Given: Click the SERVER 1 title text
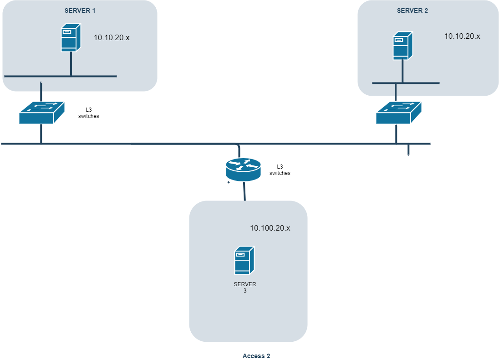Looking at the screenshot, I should (x=80, y=10).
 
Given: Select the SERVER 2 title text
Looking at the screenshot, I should (x=412, y=10).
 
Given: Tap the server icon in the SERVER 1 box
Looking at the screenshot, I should (x=71, y=39).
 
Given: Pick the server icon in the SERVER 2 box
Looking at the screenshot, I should (x=402, y=46).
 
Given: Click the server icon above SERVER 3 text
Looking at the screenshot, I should (x=244, y=261).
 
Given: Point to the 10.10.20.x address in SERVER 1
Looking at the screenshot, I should (x=112, y=38).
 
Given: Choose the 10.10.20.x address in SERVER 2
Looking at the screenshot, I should (x=462, y=36).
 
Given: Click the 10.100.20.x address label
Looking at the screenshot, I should (x=270, y=228).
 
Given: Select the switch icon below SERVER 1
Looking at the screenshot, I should (x=41, y=113).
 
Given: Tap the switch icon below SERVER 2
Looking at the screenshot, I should (x=398, y=113).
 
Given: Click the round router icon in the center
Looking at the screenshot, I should (x=244, y=169).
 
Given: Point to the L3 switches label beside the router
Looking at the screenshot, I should (x=280, y=170).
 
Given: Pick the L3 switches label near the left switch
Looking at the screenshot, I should (x=88, y=113).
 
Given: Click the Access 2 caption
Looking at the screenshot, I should (x=256, y=356).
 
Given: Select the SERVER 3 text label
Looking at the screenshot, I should (x=245, y=287).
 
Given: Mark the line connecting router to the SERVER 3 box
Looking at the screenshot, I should (x=244, y=191).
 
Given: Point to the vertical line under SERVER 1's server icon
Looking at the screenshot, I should (x=71, y=64).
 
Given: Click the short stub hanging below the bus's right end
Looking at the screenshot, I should (x=408, y=150).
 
